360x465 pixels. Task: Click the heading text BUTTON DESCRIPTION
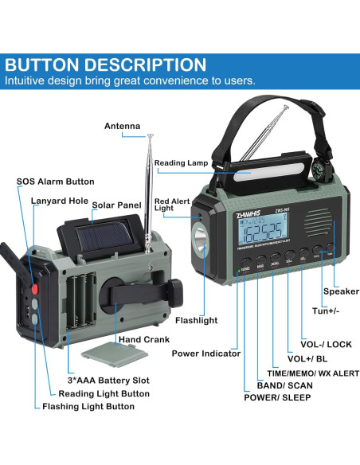point(106,65)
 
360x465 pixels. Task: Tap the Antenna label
point(122,126)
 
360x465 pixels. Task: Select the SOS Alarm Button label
point(55,182)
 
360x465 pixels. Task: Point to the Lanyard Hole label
point(60,201)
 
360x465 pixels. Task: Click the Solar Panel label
point(116,205)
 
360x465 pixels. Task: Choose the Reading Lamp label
point(182,163)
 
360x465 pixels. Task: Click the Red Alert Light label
point(173,205)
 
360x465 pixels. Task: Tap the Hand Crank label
point(144,339)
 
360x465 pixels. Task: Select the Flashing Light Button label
point(88,406)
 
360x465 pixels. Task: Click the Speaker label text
point(340,291)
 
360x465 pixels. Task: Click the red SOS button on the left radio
point(33,287)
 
